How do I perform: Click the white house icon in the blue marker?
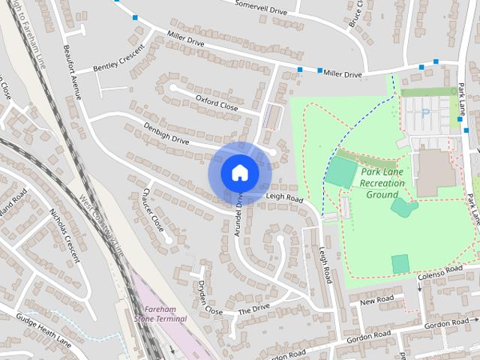click(x=239, y=172)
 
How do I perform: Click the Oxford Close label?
click(x=217, y=103)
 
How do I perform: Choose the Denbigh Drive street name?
click(x=168, y=133)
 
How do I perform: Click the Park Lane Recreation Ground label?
click(x=382, y=183)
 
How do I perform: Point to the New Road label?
click(x=376, y=300)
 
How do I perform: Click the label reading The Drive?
click(x=253, y=309)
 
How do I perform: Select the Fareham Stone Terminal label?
click(x=160, y=314)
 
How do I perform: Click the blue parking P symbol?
click(x=425, y=113)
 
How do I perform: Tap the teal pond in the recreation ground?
click(x=403, y=207)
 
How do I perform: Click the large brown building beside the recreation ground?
click(x=434, y=172)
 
